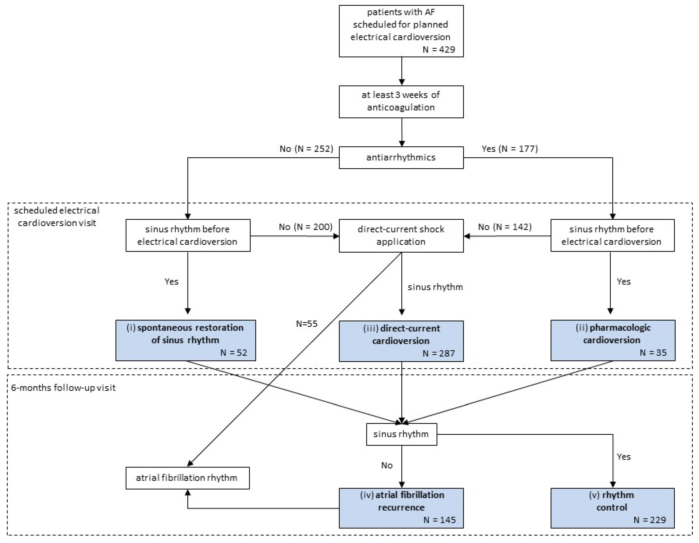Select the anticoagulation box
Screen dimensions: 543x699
pyautogui.click(x=401, y=101)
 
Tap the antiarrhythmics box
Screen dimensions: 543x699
pyautogui.click(x=401, y=157)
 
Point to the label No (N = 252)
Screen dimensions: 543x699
pyautogui.click(x=306, y=149)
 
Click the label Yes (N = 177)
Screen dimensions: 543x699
pyautogui.click(x=509, y=149)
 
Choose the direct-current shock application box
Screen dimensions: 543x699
pyautogui.click(x=401, y=235)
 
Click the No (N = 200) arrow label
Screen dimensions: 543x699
pyautogui.click(x=305, y=227)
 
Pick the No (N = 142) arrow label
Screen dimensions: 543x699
pyautogui.click(x=505, y=227)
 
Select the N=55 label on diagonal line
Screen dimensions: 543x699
pyautogui.click(x=307, y=324)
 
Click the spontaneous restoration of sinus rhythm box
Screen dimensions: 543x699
pyautogui.click(x=186, y=340)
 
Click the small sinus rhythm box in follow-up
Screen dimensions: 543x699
pyautogui.click(x=401, y=434)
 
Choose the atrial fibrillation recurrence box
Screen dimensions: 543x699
pyautogui.click(x=401, y=508)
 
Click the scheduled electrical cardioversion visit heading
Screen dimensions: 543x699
pyautogui.click(x=57, y=217)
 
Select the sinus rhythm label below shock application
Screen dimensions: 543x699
pyautogui.click(x=435, y=287)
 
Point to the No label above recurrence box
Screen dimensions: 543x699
pyautogui.click(x=387, y=465)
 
